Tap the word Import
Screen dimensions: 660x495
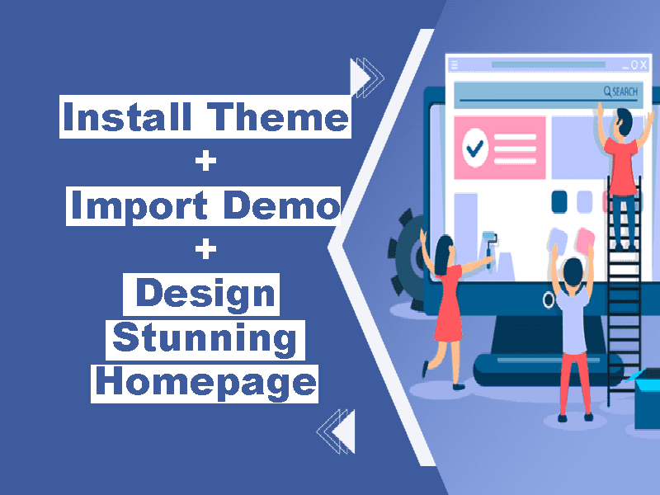[139, 205]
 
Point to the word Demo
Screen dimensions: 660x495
[281, 205]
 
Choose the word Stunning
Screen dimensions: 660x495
[205, 340]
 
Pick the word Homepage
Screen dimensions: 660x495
[205, 384]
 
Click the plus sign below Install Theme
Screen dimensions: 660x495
[205, 161]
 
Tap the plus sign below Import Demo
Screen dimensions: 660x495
[205, 249]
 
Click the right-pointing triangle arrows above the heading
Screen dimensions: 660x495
[366, 78]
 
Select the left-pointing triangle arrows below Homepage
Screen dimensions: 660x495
[337, 431]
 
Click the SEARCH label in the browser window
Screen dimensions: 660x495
[621, 92]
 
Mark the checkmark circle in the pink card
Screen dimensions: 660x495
[475, 148]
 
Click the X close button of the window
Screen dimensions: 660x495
[643, 64]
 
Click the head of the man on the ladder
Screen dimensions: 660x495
[624, 122]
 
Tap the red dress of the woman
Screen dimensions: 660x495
[449, 304]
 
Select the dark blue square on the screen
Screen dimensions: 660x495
[559, 201]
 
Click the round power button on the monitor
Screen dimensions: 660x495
[549, 300]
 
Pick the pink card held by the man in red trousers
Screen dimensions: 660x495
[586, 239]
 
